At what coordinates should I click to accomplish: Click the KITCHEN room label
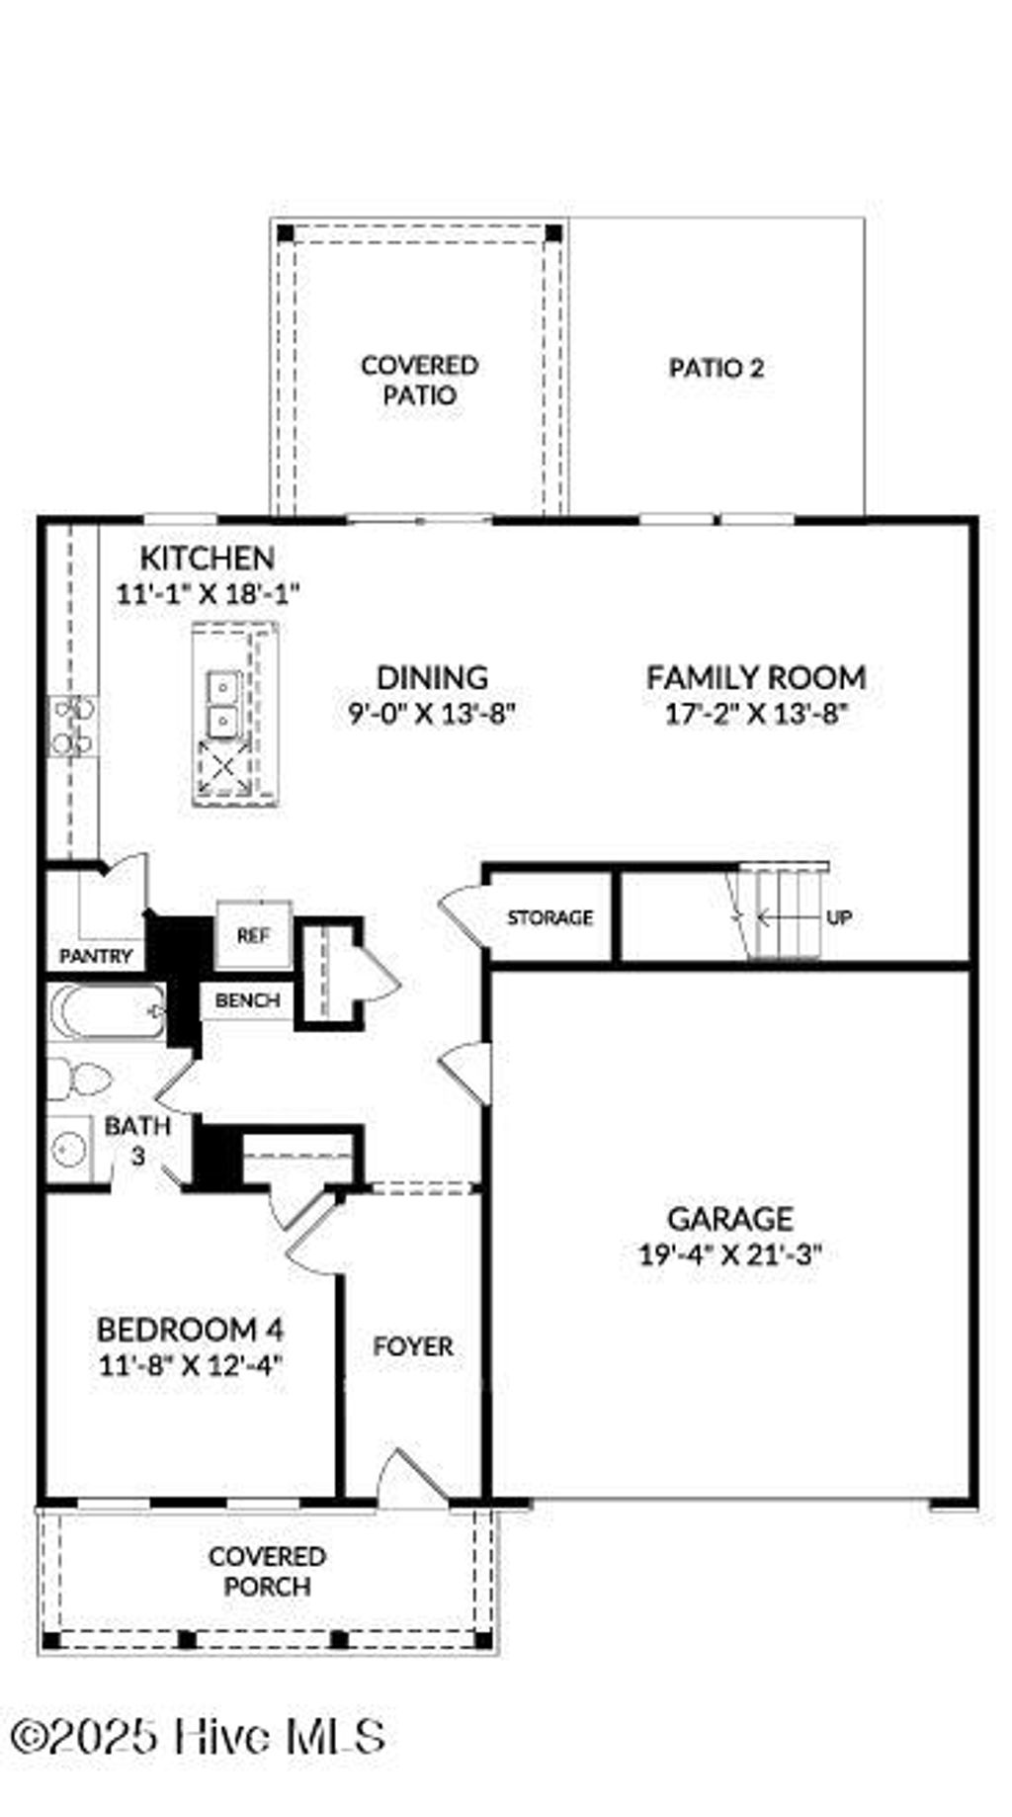pyautogui.click(x=207, y=558)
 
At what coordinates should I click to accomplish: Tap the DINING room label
pyautogui.click(x=432, y=677)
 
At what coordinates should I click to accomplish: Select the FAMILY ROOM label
pyautogui.click(x=756, y=677)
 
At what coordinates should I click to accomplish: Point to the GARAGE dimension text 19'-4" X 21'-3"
pyautogui.click(x=730, y=1255)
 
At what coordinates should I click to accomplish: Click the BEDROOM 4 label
pyautogui.click(x=191, y=1329)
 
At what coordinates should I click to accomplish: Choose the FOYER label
pyautogui.click(x=413, y=1346)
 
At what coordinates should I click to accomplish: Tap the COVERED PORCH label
pyautogui.click(x=267, y=1571)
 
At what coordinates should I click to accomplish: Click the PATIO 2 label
pyautogui.click(x=717, y=369)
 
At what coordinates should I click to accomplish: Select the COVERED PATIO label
pyautogui.click(x=420, y=381)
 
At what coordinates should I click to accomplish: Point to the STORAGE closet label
pyautogui.click(x=549, y=917)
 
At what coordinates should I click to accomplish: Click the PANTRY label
pyautogui.click(x=96, y=956)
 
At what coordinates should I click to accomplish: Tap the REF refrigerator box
pyautogui.click(x=253, y=935)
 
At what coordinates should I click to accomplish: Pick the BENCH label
pyautogui.click(x=247, y=1000)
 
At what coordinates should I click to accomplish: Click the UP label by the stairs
pyautogui.click(x=838, y=917)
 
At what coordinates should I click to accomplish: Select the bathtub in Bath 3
pyautogui.click(x=107, y=1011)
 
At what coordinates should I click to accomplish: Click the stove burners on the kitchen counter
pyautogui.click(x=72, y=726)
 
